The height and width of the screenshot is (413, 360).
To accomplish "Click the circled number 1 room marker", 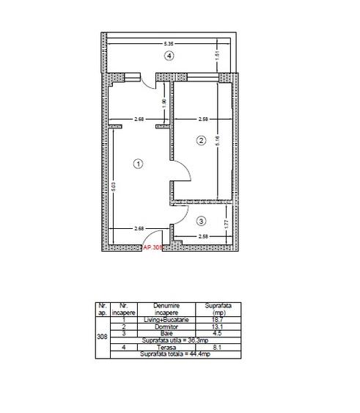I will pyautogui.click(x=138, y=164).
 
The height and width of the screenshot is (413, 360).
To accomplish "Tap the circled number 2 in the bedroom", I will pyautogui.click(x=199, y=139).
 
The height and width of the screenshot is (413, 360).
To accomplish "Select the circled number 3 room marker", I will pyautogui.click(x=202, y=219).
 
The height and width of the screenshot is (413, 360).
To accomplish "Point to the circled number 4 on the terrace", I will pyautogui.click(x=169, y=56).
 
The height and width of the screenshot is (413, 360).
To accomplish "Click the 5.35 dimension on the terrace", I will pyautogui.click(x=169, y=44).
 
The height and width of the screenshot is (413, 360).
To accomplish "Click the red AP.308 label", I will pyautogui.click(x=154, y=248).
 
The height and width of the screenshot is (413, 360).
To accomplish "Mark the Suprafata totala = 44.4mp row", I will pyautogui.click(x=175, y=354).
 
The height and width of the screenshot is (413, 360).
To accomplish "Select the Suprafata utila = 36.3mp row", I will pyautogui.click(x=175, y=340).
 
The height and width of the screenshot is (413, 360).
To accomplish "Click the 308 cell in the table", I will pyautogui.click(x=101, y=337).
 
